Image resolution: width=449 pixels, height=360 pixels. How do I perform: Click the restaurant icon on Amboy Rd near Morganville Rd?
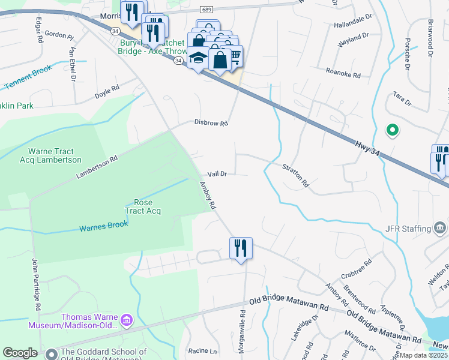(241, 248)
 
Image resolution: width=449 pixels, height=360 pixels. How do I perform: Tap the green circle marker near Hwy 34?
(392, 129)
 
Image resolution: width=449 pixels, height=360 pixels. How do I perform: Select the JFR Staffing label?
(408, 229)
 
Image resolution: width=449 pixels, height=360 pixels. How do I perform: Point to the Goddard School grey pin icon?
(51, 354)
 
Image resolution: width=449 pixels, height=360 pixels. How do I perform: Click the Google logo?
(20, 352)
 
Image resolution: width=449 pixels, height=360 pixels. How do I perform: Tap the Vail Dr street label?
(217, 174)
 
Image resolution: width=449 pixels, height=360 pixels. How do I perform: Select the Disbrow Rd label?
(211, 123)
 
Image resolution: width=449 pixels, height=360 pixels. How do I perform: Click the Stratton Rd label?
(295, 175)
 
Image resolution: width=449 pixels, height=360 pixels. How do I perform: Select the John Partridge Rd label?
(35, 284)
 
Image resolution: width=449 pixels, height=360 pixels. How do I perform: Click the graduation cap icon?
(197, 58)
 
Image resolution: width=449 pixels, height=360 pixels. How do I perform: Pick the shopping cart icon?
(234, 56)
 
